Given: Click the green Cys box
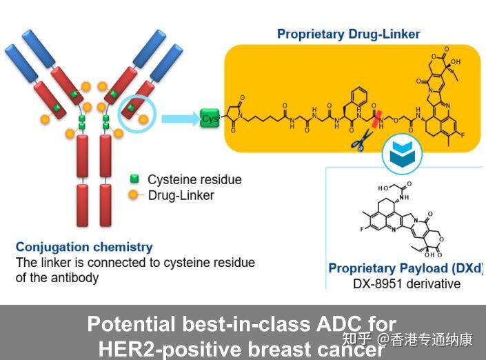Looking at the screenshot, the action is click(210, 118).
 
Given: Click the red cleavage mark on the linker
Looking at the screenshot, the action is click(376, 119).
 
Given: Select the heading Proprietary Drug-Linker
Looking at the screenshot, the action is click(348, 34).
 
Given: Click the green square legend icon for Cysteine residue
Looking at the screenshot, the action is click(134, 179).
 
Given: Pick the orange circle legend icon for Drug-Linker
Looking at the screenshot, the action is click(133, 194).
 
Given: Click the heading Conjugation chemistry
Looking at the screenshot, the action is click(84, 247).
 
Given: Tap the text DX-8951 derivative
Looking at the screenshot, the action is click(407, 283).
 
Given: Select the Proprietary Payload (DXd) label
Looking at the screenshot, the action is click(406, 268).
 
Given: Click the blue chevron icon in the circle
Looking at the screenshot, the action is click(402, 153).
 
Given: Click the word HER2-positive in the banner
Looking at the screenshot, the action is click(170, 349).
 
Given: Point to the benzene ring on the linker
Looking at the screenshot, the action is click(359, 96).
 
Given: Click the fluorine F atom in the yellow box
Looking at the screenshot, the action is click(463, 135).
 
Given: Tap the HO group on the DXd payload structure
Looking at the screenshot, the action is click(383, 188).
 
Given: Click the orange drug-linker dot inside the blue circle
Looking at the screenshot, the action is click(143, 119).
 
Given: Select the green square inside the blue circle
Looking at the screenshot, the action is click(131, 108).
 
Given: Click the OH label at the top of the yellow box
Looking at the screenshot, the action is click(456, 61).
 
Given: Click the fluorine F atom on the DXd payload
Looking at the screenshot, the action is click(362, 230).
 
